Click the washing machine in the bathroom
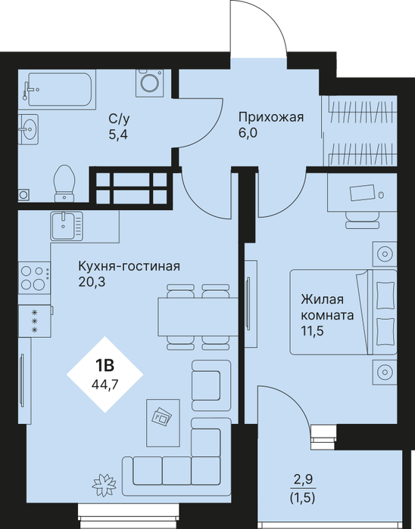coord(150,83)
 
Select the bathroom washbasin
coord(28,128)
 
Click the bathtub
coord(60,89)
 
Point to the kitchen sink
coord(67,226)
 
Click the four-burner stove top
coord(35,278)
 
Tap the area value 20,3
coord(92,282)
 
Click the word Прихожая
coord(271,118)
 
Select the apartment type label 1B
coord(105,365)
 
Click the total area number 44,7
coord(105,384)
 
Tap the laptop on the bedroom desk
coord(362,193)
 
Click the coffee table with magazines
coord(163,422)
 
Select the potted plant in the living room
coord(104,485)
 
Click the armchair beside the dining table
coord(211,385)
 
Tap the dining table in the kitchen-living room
coord(198,317)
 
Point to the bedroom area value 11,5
coord(312,331)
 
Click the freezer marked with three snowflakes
coord(35,321)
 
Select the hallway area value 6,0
coord(248,133)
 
